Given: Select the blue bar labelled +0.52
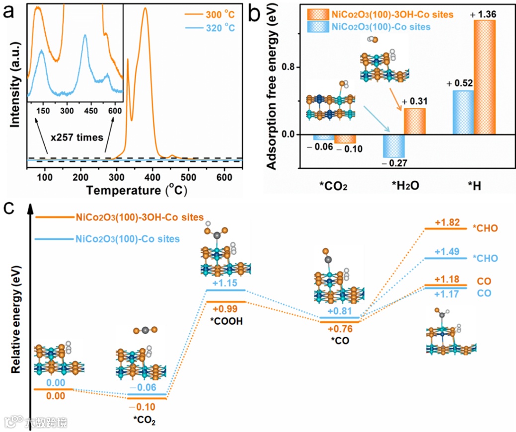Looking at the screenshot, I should point(463,112).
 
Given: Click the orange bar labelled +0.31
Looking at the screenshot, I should point(414,121).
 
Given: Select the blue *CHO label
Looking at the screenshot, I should point(486,259).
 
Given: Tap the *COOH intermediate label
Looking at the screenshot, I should point(225,320).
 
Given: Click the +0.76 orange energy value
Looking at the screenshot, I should point(339,329).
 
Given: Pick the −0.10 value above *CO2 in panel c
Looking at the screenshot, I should point(147,407).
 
